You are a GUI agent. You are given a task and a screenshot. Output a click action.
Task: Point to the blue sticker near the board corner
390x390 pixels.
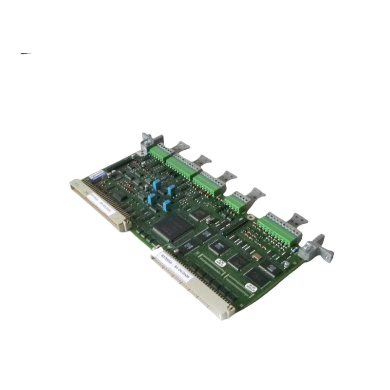pos(97,174)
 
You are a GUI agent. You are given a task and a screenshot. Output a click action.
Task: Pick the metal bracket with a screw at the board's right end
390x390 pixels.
pos(315,248)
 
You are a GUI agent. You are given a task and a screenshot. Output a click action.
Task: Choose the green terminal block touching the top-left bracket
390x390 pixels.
pos(158,154)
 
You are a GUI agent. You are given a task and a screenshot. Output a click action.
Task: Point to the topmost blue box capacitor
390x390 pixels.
pos(156,184)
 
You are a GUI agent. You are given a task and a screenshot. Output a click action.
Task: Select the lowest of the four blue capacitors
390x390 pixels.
pos(167,206)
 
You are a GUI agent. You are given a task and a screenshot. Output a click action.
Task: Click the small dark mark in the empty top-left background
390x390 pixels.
pos(26,53)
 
